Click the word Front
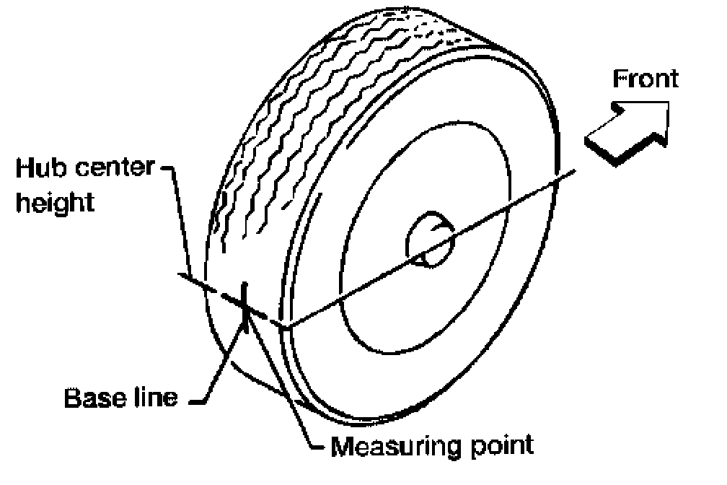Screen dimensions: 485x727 646,79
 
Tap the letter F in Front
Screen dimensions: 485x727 618,79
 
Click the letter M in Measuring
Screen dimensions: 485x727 342,446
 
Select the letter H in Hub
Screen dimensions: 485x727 24,169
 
